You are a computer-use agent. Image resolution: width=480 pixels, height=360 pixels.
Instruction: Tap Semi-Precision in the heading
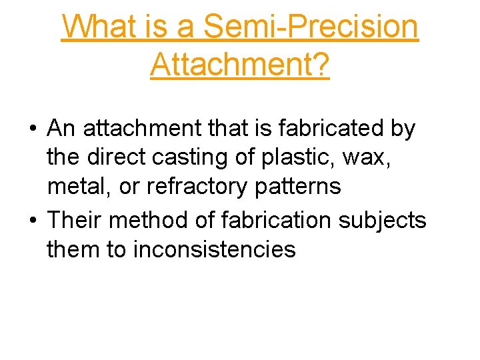(311, 27)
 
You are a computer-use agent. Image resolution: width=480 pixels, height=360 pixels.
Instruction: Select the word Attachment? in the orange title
(240, 65)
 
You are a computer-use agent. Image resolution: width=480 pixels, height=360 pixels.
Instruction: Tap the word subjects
(393, 219)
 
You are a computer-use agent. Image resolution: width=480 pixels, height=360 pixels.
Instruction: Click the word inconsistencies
(215, 249)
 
